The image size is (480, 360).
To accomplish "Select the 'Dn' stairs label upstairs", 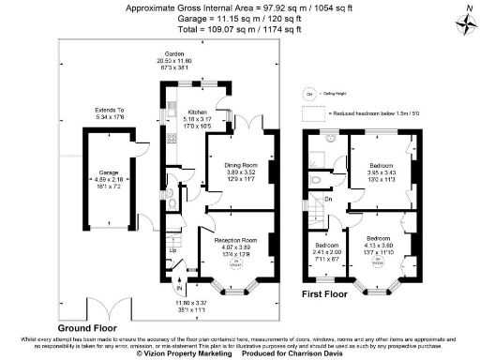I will point(329,199).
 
